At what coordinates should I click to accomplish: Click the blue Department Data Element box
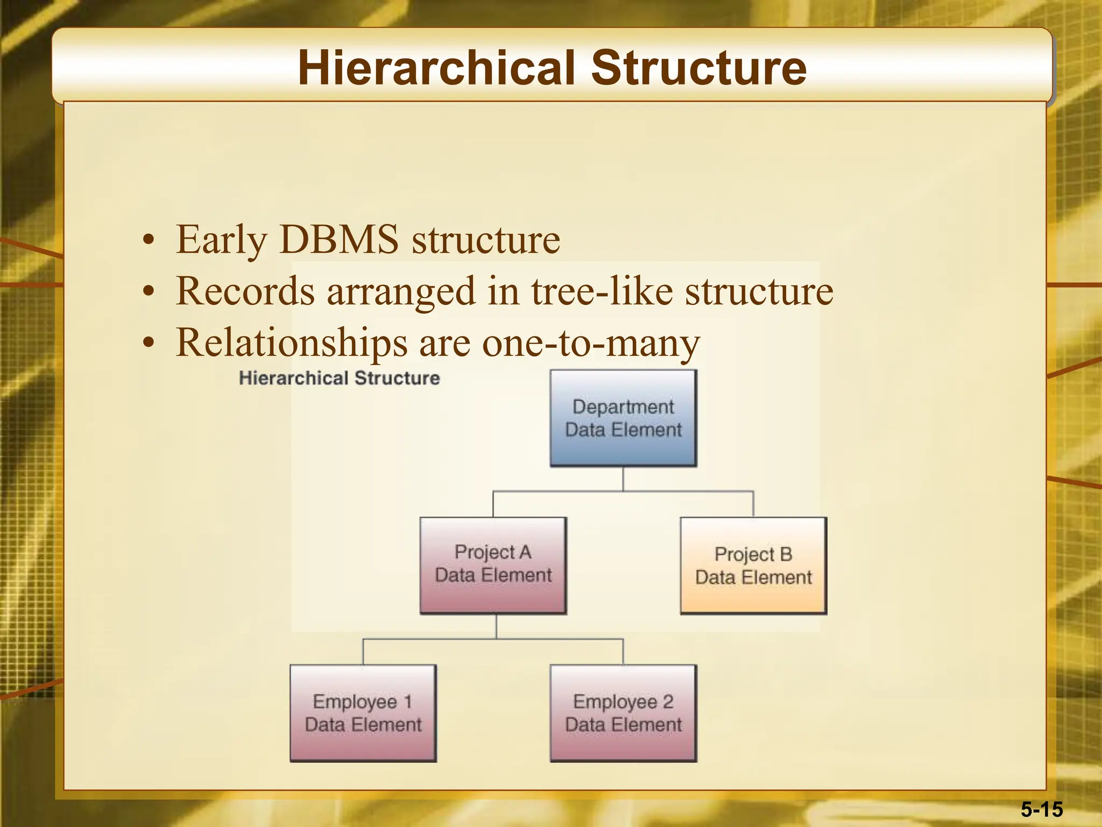click(x=623, y=418)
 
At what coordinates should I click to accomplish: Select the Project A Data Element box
click(x=493, y=565)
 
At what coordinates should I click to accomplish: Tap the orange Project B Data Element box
click(x=753, y=565)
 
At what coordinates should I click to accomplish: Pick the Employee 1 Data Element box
click(x=363, y=713)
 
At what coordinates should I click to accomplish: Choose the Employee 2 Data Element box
click(x=623, y=713)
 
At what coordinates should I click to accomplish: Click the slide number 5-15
click(x=1042, y=809)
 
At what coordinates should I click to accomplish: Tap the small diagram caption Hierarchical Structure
click(x=339, y=378)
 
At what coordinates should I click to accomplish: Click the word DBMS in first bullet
click(x=339, y=239)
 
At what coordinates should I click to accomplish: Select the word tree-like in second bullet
click(x=602, y=291)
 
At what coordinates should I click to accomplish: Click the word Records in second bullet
click(x=245, y=291)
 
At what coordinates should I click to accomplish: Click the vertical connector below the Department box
click(x=623, y=479)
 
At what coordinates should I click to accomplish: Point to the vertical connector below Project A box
click(x=496, y=626)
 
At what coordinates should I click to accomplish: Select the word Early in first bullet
click(x=221, y=240)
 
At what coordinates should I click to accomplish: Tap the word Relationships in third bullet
click(x=292, y=343)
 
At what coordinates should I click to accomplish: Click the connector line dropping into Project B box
click(x=753, y=504)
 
